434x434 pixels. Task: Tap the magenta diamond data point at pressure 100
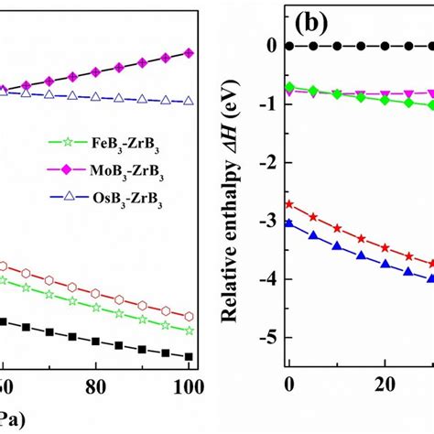point(189,53)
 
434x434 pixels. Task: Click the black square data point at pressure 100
point(189,356)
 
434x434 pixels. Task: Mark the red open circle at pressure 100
point(189,316)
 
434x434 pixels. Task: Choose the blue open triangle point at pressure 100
point(189,102)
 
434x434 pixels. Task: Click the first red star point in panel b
point(290,204)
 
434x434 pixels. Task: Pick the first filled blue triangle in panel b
point(290,222)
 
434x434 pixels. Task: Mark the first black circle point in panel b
point(290,46)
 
